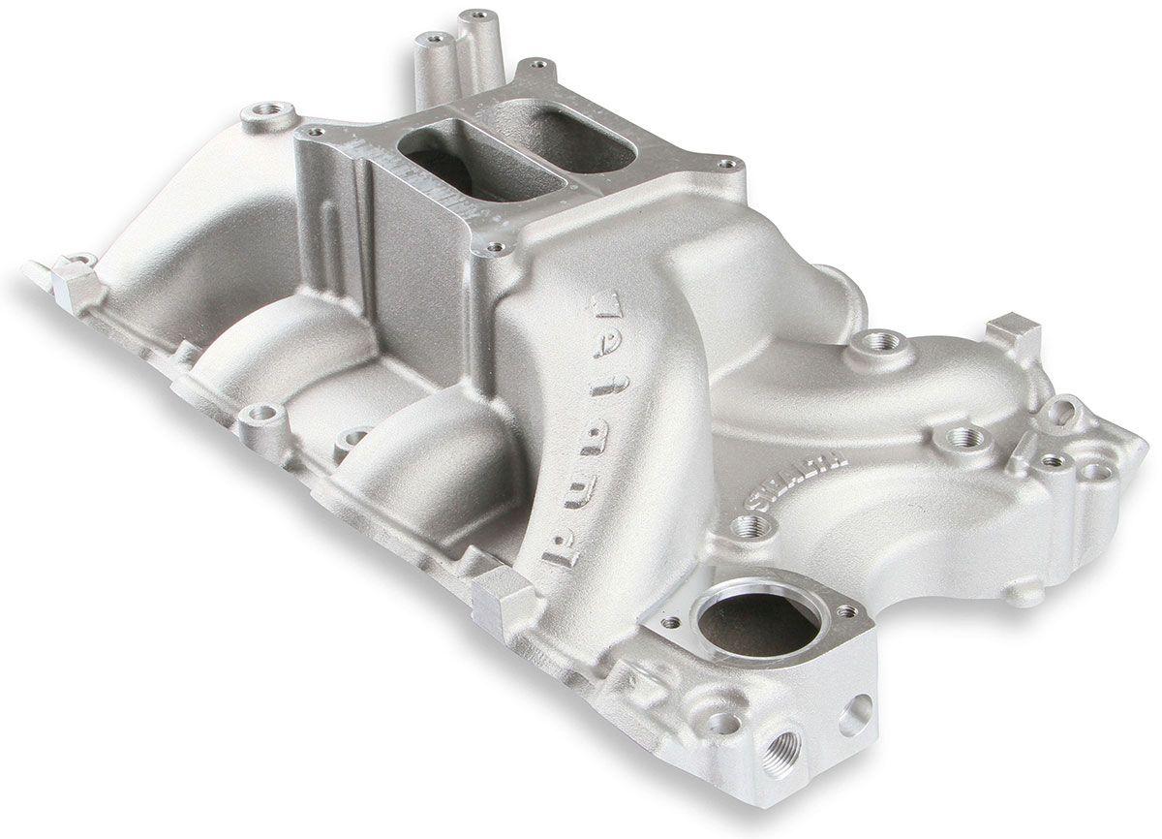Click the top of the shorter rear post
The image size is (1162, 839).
[433, 40]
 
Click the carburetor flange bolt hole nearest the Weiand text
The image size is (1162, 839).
[496, 249]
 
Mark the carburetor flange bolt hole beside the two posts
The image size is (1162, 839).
[535, 67]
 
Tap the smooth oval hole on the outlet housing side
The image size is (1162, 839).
[856, 714]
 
